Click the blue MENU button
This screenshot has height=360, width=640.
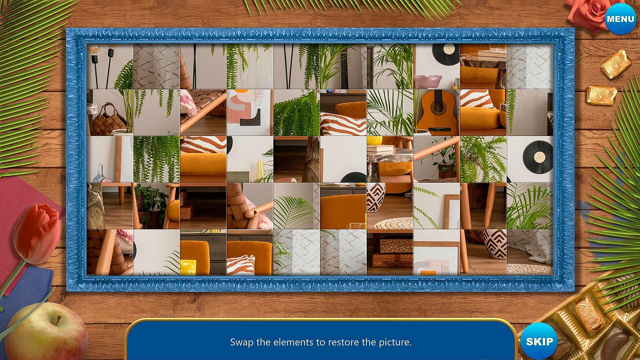[620, 19]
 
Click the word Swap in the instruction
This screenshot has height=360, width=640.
[241, 342]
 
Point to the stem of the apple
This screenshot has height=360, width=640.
[58, 320]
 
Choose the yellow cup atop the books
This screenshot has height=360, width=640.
[374, 140]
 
